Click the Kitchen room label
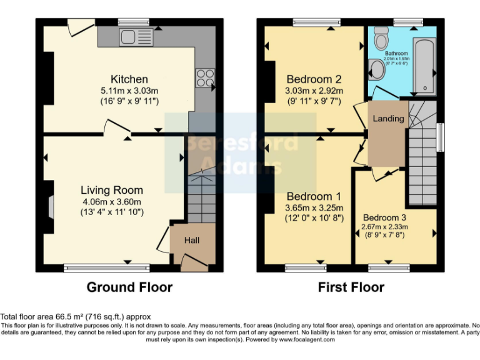129,79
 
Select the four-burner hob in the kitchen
205,78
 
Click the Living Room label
112,190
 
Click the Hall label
191,241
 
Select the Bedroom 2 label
314,79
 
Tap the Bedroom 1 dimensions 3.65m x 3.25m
314,207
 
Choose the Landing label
388,119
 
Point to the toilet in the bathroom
377,68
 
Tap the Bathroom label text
396,54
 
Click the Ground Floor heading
129,287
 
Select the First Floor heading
351,287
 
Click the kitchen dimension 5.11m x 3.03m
129,91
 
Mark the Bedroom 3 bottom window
387,268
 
